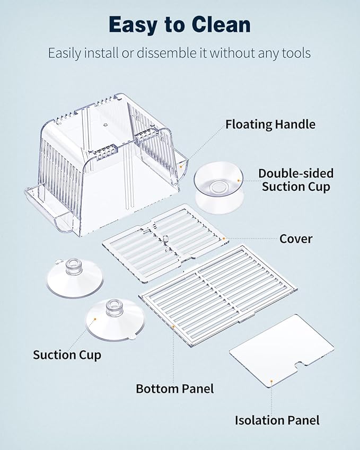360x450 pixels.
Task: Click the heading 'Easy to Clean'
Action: (x=180, y=25)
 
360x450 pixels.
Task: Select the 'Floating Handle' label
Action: (x=270, y=125)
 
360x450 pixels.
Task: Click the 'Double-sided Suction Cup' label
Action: (x=296, y=180)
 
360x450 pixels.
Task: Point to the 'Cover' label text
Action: (x=296, y=239)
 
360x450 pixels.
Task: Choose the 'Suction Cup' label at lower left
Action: (x=67, y=355)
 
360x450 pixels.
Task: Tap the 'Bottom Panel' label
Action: (x=175, y=389)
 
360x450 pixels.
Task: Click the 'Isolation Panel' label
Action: (x=277, y=420)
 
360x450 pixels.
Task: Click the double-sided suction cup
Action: (x=219, y=189)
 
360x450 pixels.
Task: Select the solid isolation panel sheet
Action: (x=282, y=350)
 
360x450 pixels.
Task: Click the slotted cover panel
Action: (x=165, y=243)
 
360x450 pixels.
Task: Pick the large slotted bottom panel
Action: (x=218, y=295)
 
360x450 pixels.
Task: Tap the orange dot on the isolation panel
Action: (x=271, y=382)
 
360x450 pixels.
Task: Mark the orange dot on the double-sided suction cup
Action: (x=239, y=181)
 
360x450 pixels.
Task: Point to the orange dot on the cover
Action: (x=224, y=239)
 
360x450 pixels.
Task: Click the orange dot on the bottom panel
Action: (x=173, y=327)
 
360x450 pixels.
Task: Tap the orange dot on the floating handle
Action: (x=181, y=166)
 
